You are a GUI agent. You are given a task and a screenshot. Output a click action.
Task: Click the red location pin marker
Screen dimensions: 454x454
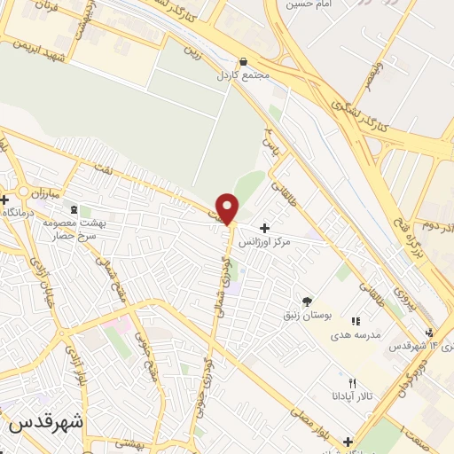pos(228,209)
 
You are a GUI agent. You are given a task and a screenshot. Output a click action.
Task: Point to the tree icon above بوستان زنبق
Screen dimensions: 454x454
pos(307,302)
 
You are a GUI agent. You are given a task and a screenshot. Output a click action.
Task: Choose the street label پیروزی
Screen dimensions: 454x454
pos(411,302)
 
